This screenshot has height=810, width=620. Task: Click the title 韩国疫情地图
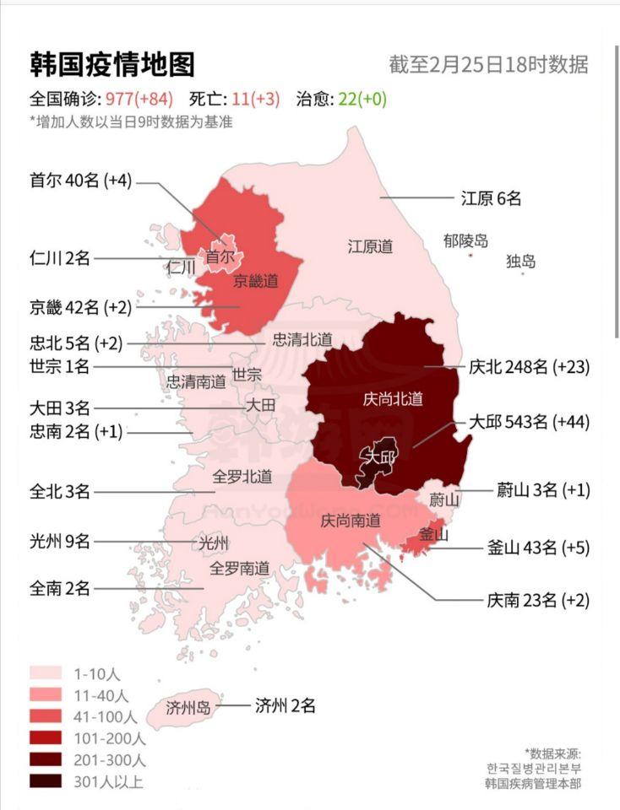click(112, 64)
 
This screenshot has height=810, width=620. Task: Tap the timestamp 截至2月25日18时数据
click(488, 65)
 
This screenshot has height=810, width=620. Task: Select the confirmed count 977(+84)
click(139, 99)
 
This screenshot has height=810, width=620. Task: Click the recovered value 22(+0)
click(363, 99)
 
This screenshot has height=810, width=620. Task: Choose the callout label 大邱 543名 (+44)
click(529, 421)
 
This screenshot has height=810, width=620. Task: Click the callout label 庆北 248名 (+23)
click(529, 367)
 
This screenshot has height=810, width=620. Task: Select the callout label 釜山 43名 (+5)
click(538, 547)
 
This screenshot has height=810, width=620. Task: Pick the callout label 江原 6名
click(491, 198)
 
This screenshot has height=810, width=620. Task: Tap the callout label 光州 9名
click(59, 541)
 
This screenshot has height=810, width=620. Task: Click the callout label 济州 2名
click(285, 705)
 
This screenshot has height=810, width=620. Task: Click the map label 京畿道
click(256, 281)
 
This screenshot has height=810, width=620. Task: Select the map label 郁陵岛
click(465, 241)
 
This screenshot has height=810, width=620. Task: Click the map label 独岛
click(520, 262)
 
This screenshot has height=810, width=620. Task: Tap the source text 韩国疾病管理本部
click(532, 783)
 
